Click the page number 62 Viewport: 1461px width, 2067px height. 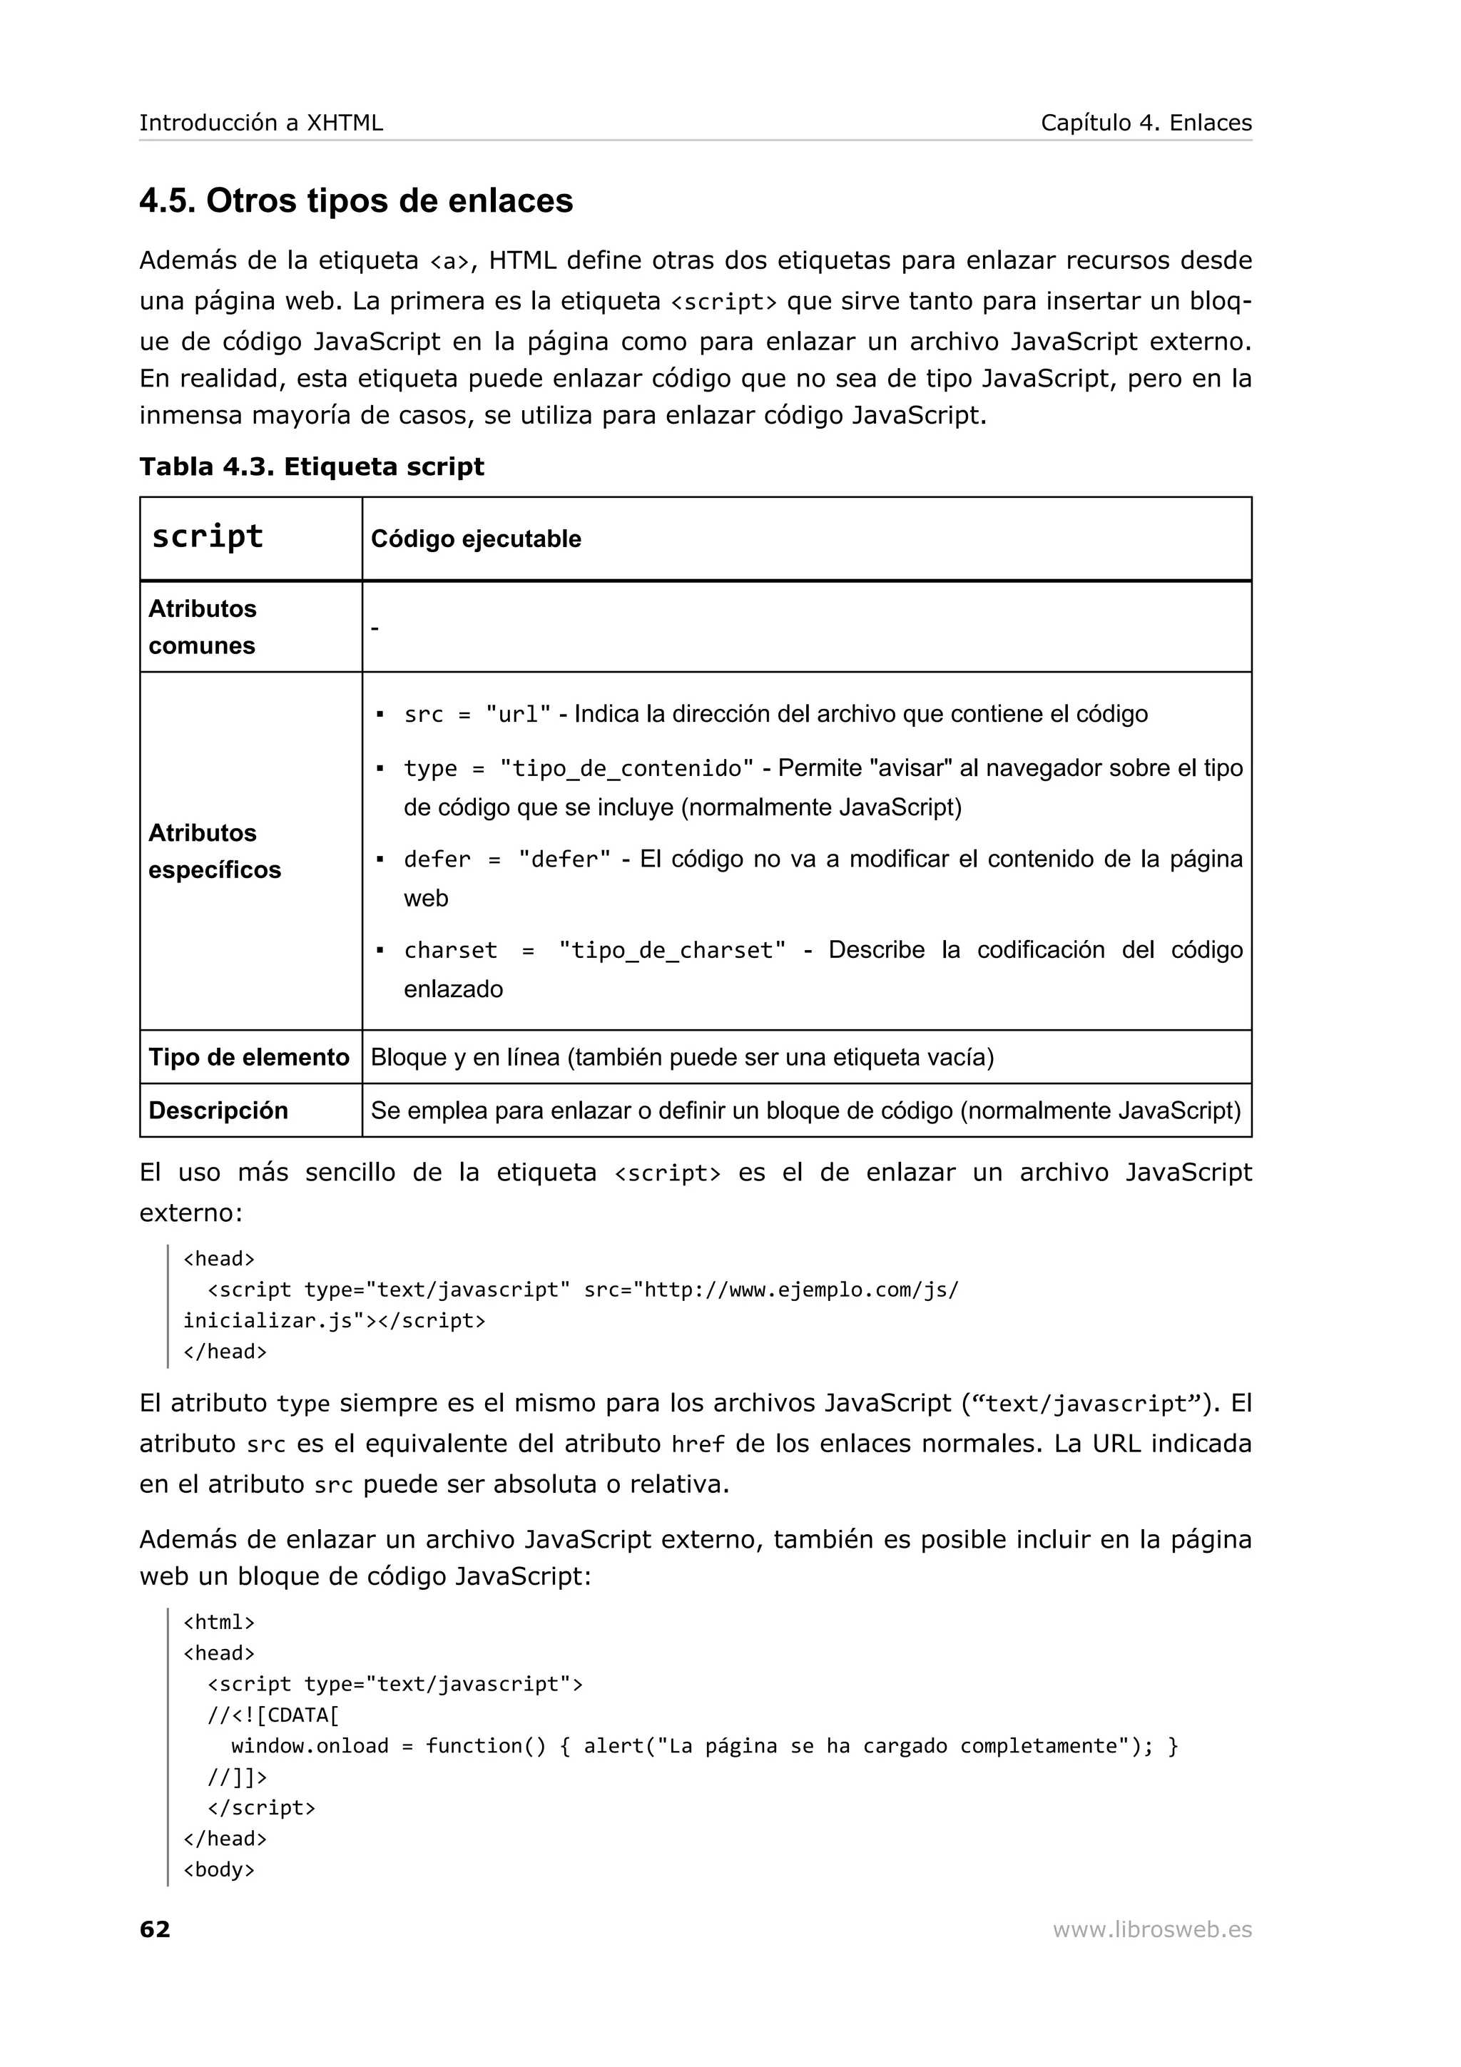pyautogui.click(x=155, y=1929)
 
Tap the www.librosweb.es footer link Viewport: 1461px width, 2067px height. pyautogui.click(x=1151, y=1929)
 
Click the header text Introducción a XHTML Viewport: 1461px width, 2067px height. pyautogui.click(x=261, y=123)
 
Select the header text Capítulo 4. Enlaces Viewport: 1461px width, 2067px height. pyautogui.click(x=1145, y=123)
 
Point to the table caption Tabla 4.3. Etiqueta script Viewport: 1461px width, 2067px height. pyautogui.click(x=312, y=466)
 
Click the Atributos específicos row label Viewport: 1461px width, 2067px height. pyautogui.click(x=214, y=851)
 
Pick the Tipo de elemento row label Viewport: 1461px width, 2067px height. pyautogui.click(x=248, y=1057)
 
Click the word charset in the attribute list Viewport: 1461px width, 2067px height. pyautogui.click(x=450, y=951)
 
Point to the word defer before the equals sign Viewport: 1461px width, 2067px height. pyautogui.click(x=437, y=859)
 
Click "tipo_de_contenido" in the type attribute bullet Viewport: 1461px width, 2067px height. pyautogui.click(x=626, y=769)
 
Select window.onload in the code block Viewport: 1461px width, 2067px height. pyautogui.click(x=310, y=1745)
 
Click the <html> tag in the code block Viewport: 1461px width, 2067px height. pyautogui.click(x=219, y=1622)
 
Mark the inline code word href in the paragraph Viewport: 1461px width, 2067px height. pyautogui.click(x=698, y=1445)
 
